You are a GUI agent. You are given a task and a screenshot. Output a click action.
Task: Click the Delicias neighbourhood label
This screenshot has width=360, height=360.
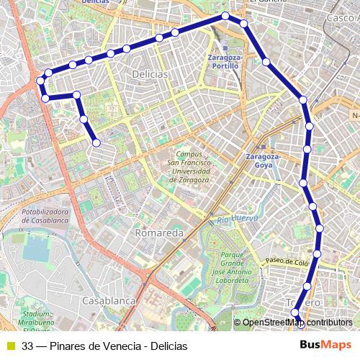coord(150,74)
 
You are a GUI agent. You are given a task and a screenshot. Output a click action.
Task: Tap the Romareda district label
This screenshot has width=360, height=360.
coord(159,234)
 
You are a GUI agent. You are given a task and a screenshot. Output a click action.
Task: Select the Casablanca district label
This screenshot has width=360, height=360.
coord(109,300)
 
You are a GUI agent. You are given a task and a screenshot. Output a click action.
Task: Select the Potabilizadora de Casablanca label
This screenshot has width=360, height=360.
coord(45,215)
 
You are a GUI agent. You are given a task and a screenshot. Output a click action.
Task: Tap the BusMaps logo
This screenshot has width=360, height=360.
coord(327,345)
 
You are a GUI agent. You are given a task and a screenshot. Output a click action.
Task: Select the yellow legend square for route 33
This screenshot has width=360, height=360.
coord(10,346)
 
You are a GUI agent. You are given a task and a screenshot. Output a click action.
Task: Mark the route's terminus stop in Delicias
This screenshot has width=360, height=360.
coord(96,143)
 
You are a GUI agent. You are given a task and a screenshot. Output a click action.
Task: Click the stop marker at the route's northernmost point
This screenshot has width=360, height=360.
coord(225,15)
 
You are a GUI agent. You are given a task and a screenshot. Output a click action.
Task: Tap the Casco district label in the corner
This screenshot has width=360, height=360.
coord(340,17)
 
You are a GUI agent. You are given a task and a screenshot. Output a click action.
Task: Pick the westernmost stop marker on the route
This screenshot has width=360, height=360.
coord(41,81)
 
